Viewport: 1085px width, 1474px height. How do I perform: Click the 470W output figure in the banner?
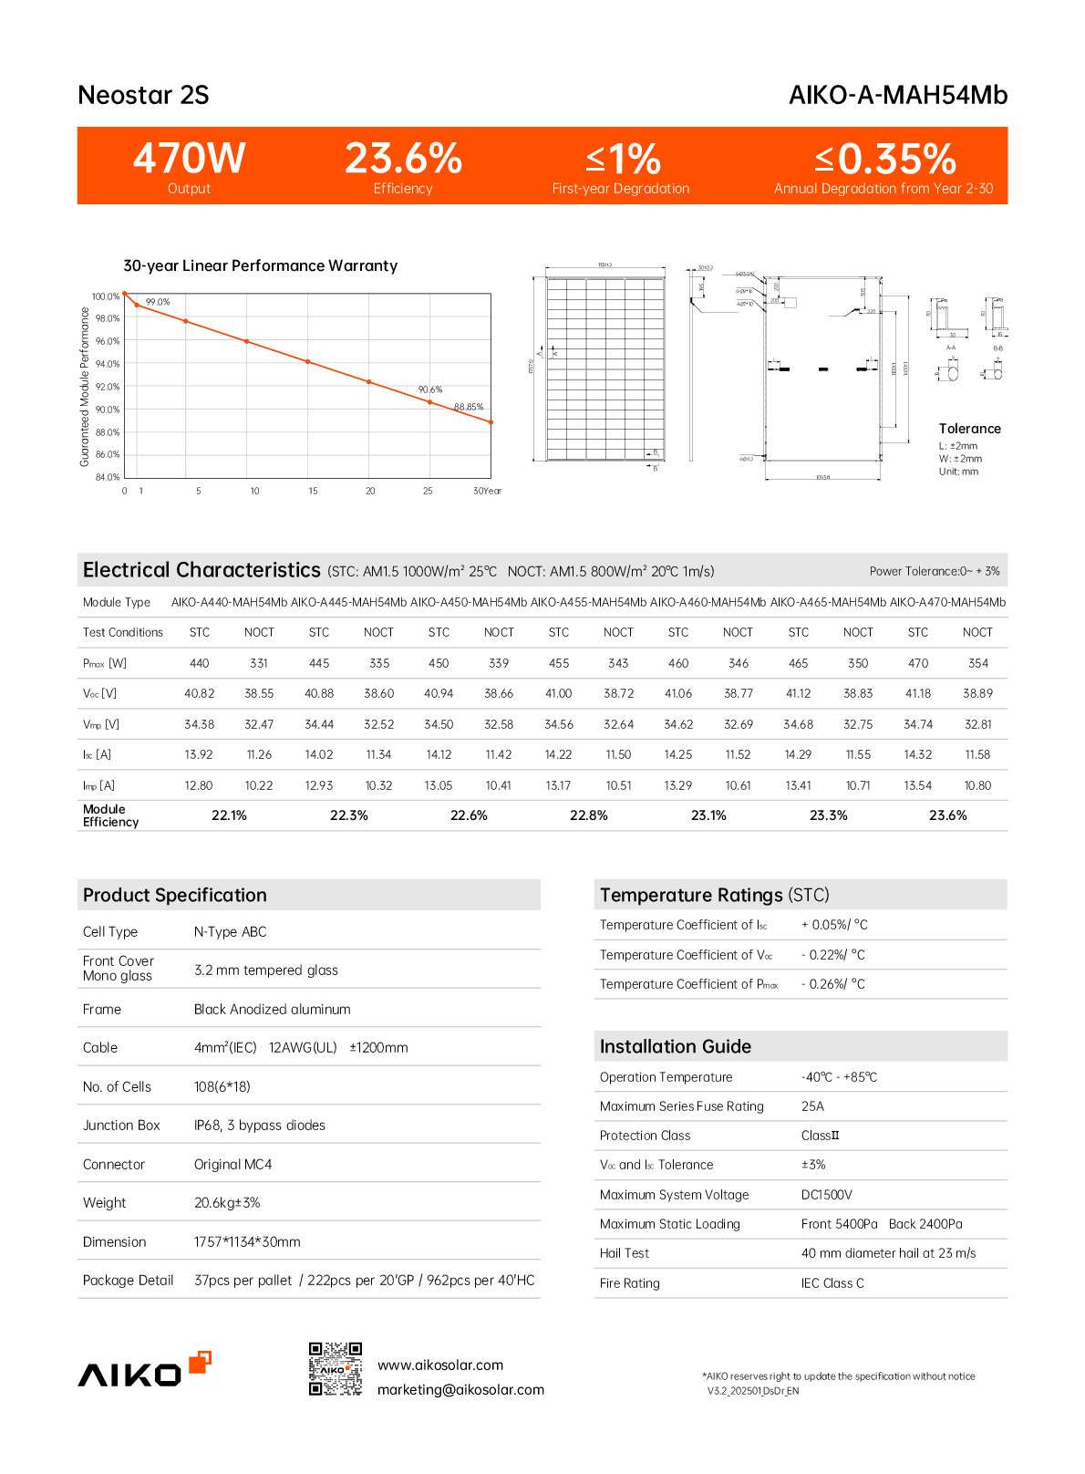tap(190, 159)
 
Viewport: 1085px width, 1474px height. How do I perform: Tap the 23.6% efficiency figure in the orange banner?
tap(403, 159)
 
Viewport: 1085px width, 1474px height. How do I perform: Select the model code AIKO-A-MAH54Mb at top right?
tap(897, 95)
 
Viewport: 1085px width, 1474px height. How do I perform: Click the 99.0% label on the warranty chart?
tap(158, 302)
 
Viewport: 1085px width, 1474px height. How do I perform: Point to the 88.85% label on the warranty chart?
tap(469, 407)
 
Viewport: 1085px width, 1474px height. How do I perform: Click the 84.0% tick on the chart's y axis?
tap(106, 477)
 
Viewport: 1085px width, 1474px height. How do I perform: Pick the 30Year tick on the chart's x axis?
tap(487, 491)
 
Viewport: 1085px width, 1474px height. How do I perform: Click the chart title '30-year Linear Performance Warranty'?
tap(260, 265)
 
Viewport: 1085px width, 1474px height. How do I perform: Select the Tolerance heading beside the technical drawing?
tap(969, 429)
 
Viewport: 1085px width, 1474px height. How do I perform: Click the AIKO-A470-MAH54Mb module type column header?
tap(947, 602)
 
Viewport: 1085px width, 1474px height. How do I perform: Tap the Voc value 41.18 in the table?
tap(917, 693)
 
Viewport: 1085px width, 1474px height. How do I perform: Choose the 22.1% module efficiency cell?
tap(229, 815)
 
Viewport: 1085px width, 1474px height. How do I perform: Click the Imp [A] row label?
tap(98, 785)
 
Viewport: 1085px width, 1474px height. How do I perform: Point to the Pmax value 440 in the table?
tap(199, 663)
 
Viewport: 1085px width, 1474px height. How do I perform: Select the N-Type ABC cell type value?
tap(230, 931)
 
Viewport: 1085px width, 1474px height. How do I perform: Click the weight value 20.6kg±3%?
tap(227, 1202)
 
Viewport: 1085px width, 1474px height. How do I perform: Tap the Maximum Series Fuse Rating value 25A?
tap(812, 1106)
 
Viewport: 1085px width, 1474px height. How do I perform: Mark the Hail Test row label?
tap(625, 1253)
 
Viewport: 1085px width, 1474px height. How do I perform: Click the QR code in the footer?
tap(336, 1368)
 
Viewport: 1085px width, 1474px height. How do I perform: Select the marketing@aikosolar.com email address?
tap(460, 1389)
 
